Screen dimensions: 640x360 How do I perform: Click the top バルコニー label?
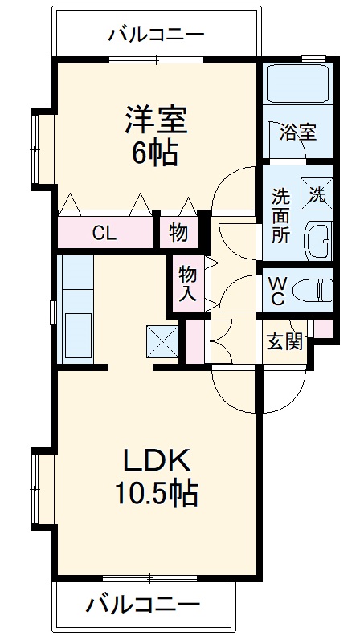pos(157,35)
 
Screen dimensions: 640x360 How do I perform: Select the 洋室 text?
pos(156,120)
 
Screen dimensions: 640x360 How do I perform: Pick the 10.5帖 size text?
pos(156,492)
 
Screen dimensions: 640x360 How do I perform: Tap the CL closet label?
pos(104,234)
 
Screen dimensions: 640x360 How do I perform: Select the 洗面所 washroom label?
pos(280,214)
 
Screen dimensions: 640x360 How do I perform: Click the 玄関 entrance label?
pos(284,342)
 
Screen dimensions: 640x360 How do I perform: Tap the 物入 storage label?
pos(187,283)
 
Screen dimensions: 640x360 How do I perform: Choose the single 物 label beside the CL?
pos(178,234)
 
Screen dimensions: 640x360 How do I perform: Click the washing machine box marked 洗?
pos(317,193)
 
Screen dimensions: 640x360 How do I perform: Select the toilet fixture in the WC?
pos(313,289)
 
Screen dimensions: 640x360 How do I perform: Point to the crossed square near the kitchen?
pos(163,343)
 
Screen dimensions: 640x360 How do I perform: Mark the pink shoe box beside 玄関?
pos(322,328)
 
